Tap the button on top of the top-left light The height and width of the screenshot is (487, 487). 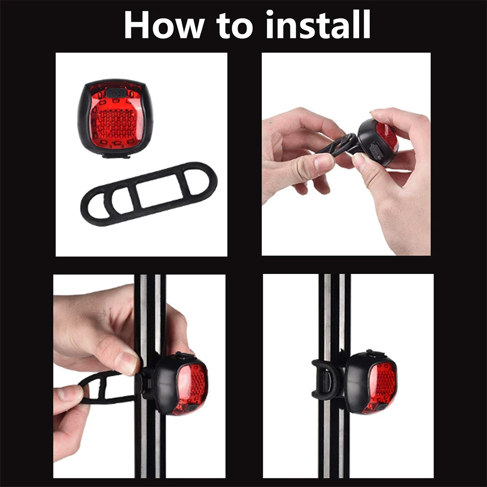[x=116, y=91]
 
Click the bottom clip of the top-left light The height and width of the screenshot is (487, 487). [x=116, y=155]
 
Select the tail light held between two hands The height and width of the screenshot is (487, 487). [x=379, y=141]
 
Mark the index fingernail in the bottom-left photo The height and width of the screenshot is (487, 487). [x=127, y=363]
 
